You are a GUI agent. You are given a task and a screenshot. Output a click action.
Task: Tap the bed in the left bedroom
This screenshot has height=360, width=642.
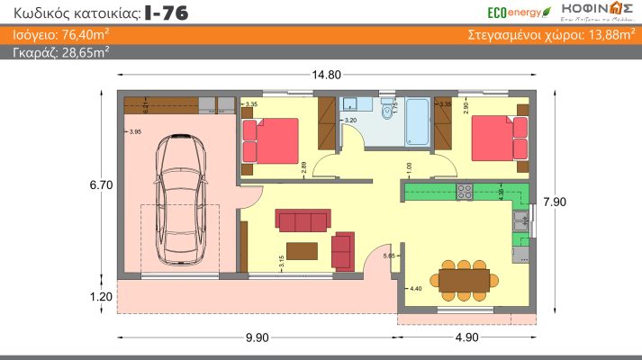point(269,140)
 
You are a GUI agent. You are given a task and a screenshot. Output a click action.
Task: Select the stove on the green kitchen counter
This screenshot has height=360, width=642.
point(465,192)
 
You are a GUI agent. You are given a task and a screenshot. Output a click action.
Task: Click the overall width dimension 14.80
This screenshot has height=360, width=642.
point(327,75)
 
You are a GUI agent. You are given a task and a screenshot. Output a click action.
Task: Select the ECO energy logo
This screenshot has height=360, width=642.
point(515,11)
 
